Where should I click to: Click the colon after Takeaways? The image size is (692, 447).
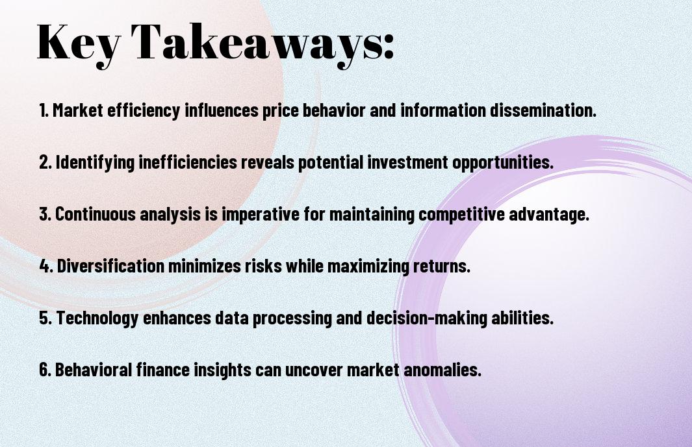[x=389, y=47]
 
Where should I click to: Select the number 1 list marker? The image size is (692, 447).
[x=44, y=110]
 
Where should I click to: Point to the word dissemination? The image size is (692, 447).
[x=543, y=110]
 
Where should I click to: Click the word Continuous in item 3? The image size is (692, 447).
[x=96, y=214]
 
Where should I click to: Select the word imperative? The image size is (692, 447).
[x=261, y=215]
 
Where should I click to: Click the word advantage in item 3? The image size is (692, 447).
[x=549, y=214]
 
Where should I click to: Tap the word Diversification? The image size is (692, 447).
[x=110, y=266]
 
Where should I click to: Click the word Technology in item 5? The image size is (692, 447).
[x=97, y=318]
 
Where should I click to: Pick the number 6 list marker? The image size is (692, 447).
[x=45, y=369]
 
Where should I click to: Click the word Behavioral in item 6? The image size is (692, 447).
[x=94, y=369]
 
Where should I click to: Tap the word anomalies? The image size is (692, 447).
[x=442, y=369]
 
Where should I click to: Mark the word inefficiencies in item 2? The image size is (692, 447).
[x=188, y=162]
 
